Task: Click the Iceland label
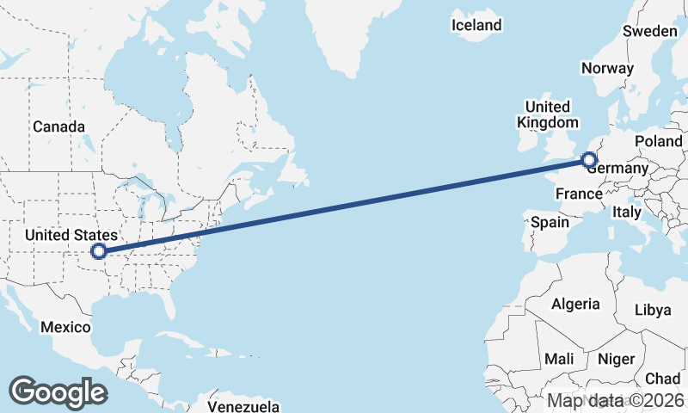[x=476, y=26]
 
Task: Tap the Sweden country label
[x=649, y=31]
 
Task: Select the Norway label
[x=607, y=68]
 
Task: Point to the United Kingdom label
[x=547, y=114]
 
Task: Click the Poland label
[x=658, y=141]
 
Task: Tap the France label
[x=578, y=194]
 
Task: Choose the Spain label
[x=550, y=222]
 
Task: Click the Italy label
[x=627, y=212]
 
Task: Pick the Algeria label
[x=575, y=304]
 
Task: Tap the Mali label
[x=560, y=359]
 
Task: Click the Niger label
[x=616, y=359]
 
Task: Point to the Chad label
[x=663, y=379]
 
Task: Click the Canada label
[x=58, y=127]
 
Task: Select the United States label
[x=71, y=235]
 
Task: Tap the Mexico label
[x=67, y=327]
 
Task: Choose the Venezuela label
[x=244, y=405]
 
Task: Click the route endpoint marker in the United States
[x=99, y=251]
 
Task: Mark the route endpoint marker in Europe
[x=589, y=159]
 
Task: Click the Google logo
[x=58, y=391]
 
